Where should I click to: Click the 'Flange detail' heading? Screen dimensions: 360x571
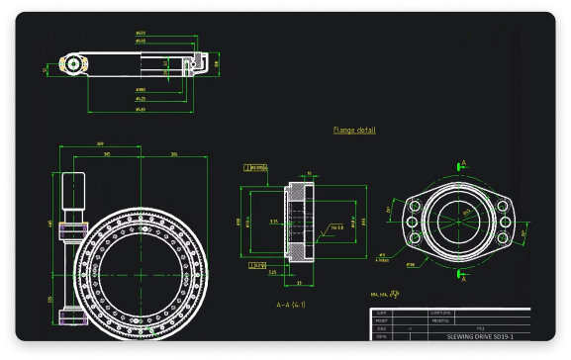354,130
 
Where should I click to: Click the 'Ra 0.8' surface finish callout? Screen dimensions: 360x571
336,227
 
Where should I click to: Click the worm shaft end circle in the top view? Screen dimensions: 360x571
71,64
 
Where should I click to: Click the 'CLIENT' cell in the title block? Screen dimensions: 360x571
382,313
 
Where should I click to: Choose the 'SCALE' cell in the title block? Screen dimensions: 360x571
382,328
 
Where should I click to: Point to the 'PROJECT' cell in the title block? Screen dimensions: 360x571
382,320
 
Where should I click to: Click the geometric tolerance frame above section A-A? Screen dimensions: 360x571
258,168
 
